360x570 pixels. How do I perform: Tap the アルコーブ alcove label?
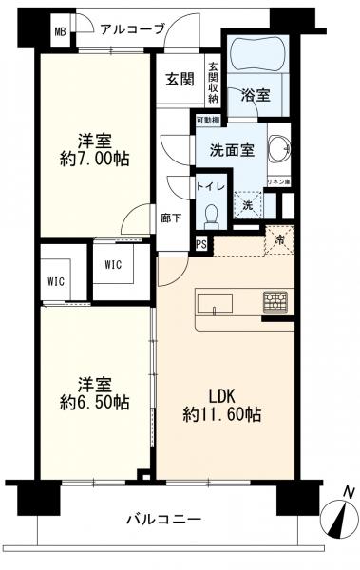coord(132,28)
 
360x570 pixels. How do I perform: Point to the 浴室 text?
coord(255,95)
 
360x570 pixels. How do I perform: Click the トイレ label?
coord(210,187)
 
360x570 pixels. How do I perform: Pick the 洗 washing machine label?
coord(246,205)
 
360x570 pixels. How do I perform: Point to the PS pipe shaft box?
coord(201,244)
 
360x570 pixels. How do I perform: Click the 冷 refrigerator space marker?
coord(279,240)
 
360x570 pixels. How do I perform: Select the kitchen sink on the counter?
coord(214,304)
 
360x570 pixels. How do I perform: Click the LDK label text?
coord(222,395)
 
